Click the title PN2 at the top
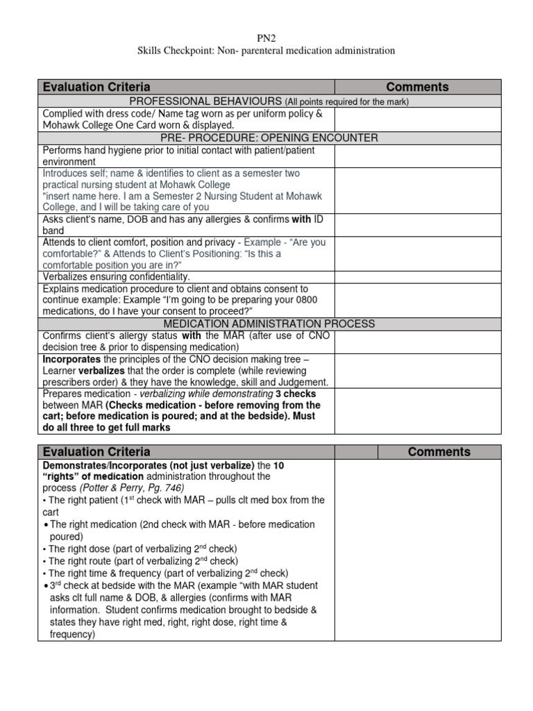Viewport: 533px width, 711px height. [266, 38]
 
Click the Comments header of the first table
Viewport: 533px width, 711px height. [417, 87]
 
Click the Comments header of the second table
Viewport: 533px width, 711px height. [439, 451]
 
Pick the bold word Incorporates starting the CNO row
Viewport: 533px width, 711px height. [71, 359]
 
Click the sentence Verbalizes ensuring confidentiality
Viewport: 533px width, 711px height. [116, 276]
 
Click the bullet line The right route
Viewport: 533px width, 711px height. [139, 560]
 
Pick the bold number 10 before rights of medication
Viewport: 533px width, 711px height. [279, 465]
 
